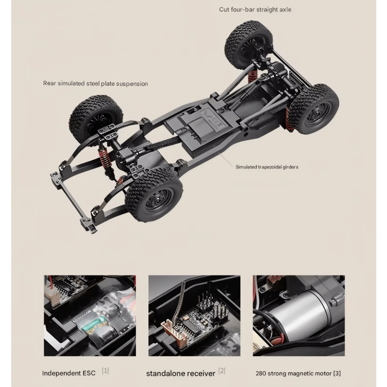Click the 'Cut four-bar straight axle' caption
click(x=255, y=10)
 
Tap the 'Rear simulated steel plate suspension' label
click(x=95, y=83)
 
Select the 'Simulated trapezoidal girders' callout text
click(x=267, y=167)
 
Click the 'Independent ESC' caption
click(x=69, y=373)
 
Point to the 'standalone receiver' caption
click(x=181, y=373)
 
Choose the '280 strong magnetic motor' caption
click(x=294, y=373)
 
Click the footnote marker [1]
click(x=105, y=371)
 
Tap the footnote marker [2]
click(x=222, y=371)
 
